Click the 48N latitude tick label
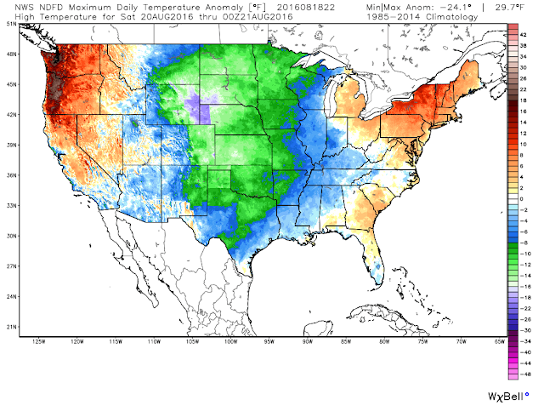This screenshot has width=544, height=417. pyautogui.click(x=12, y=54)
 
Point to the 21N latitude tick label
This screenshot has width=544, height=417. pyautogui.click(x=12, y=327)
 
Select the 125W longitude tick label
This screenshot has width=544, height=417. pyautogui.click(x=38, y=341)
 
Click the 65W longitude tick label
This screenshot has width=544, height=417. pyautogui.click(x=500, y=341)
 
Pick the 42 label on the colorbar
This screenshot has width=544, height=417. pyautogui.click(x=524, y=35)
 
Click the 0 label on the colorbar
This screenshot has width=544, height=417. pyautogui.click(x=521, y=199)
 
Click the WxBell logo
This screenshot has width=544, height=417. pyautogui.click(x=508, y=397)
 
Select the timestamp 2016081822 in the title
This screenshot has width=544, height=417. pyautogui.click(x=306, y=8)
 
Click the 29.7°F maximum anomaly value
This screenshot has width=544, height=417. pyautogui.click(x=510, y=8)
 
